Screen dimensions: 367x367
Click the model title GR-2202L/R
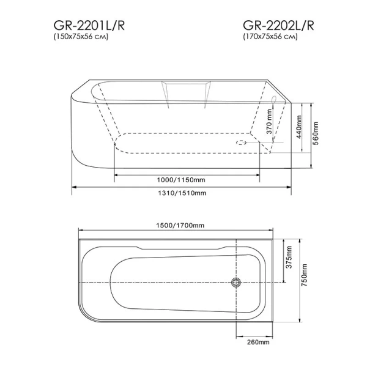click(278, 25)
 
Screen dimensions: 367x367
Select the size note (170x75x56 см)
click(270, 37)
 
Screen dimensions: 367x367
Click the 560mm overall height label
click(317, 130)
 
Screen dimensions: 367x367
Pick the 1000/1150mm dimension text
click(180, 180)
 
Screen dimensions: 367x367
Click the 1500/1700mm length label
click(179, 225)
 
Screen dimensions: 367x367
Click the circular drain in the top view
click(235, 282)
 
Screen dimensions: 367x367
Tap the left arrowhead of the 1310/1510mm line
click(75, 187)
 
